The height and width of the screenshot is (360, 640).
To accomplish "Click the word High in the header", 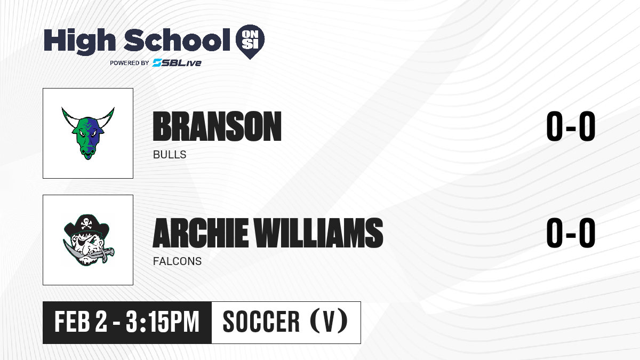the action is pyautogui.click(x=79, y=41).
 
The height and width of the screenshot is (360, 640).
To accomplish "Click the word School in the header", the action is pyautogui.click(x=177, y=40).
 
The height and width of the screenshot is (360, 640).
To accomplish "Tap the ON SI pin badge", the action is pyautogui.click(x=250, y=42).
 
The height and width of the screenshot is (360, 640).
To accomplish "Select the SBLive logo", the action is pyautogui.click(x=177, y=62).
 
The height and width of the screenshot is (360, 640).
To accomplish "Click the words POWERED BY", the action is pyautogui.click(x=130, y=63).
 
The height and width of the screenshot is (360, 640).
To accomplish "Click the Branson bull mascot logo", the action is pyautogui.click(x=88, y=133).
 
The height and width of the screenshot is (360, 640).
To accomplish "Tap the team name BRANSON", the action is pyautogui.click(x=217, y=126).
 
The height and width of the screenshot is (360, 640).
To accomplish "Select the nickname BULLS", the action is pyautogui.click(x=170, y=155).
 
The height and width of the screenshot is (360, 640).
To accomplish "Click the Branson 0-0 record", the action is pyautogui.click(x=571, y=126).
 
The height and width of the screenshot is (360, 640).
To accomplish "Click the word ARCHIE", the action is pyautogui.click(x=201, y=233).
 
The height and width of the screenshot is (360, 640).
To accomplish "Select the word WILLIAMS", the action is pyautogui.click(x=318, y=233).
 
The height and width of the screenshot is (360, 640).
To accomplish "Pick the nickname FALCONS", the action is pyautogui.click(x=178, y=261).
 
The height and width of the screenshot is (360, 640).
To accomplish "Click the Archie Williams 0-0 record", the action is pyautogui.click(x=571, y=233).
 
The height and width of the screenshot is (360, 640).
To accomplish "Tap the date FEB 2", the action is pyautogui.click(x=81, y=322).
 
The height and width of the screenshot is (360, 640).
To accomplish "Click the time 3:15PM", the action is pyautogui.click(x=162, y=322).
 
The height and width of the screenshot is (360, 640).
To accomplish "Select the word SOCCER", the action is pyautogui.click(x=261, y=322).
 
